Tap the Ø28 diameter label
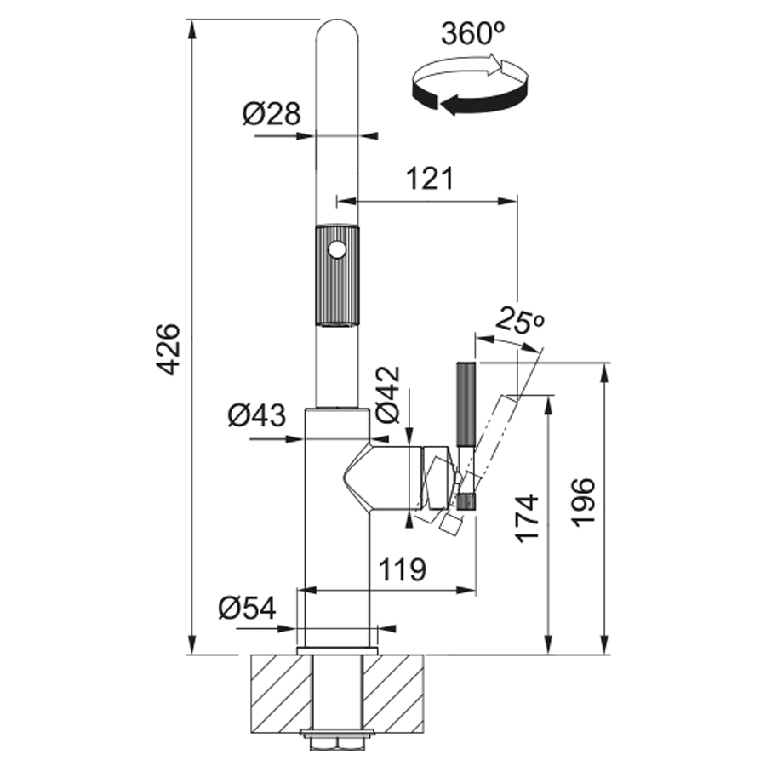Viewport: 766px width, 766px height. point(272,114)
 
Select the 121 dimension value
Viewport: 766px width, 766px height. point(431,179)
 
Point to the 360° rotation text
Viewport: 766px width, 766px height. point(473,34)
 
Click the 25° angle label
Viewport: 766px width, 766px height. point(519,322)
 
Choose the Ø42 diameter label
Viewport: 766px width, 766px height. point(387,394)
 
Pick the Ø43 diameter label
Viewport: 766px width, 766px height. point(257,415)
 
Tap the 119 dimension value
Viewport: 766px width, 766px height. point(403,569)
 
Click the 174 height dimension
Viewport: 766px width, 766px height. point(528,519)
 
